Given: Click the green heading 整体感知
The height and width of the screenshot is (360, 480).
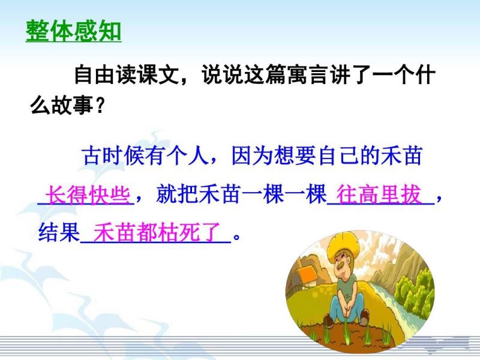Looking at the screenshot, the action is [x=73, y=31].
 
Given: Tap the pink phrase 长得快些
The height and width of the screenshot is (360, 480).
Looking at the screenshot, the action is [x=88, y=194].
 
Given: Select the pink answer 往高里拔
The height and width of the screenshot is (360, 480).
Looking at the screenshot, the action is [x=379, y=194].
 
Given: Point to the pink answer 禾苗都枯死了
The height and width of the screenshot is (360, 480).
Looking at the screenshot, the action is [x=157, y=232].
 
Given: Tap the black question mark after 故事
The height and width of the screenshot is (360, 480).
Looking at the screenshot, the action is [x=100, y=106].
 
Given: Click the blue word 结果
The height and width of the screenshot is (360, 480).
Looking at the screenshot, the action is [x=59, y=232].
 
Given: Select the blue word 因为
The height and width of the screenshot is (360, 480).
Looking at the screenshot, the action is [x=252, y=155].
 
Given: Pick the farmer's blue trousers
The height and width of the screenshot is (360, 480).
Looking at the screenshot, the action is [x=347, y=308].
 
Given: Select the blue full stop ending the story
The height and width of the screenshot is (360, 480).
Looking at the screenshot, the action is [x=236, y=237].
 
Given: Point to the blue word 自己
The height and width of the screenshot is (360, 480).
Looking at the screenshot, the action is [x=338, y=155].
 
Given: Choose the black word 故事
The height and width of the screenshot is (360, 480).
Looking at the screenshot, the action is [x=72, y=106].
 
